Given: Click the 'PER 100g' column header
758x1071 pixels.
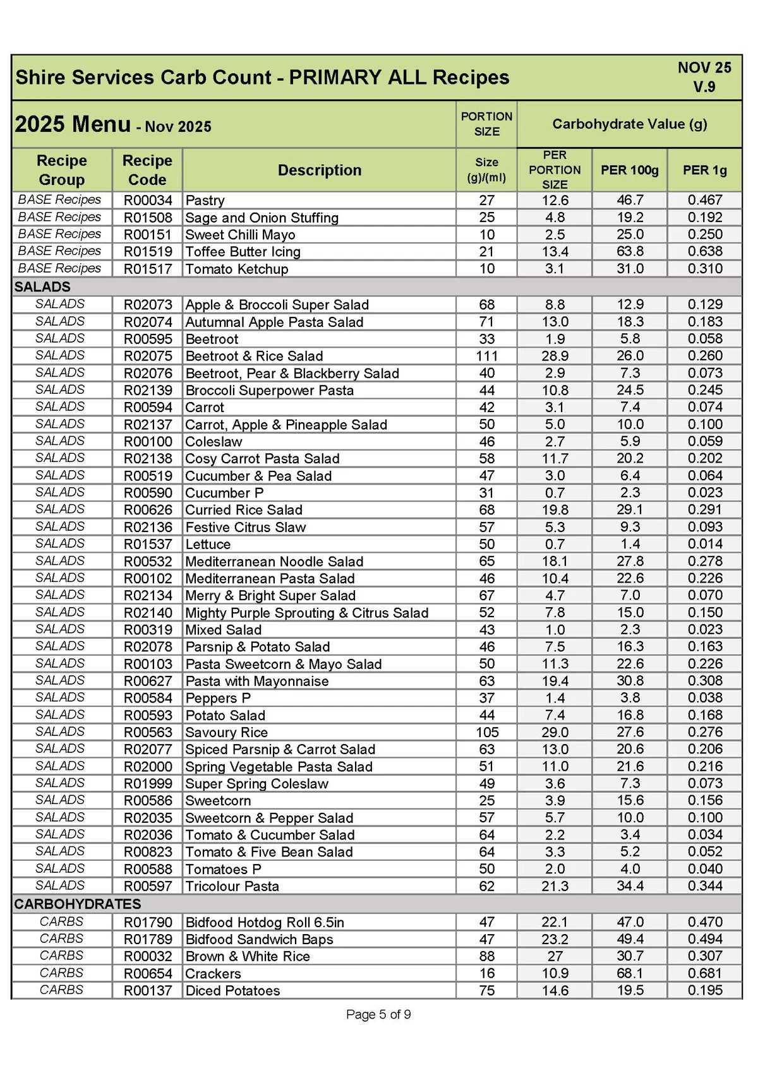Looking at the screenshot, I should click(629, 170).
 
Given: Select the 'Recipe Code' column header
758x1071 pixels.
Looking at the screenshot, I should click(147, 170).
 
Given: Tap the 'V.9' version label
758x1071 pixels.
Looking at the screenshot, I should click(704, 86).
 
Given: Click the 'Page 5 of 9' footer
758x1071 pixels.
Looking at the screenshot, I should click(378, 1014).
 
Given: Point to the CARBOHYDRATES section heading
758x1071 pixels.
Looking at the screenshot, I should click(78, 904).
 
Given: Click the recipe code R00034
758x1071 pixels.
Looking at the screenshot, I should click(147, 201).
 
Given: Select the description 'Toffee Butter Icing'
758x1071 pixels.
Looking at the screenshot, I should click(243, 252).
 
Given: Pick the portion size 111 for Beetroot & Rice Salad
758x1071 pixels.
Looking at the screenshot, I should click(486, 356).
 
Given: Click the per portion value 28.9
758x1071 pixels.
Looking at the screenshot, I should click(555, 356).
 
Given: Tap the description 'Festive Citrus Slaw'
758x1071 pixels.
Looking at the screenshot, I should click(245, 527).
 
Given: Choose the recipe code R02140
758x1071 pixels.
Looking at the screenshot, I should click(147, 613).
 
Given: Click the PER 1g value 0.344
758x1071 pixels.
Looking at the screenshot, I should click(705, 886).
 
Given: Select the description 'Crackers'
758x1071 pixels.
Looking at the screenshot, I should click(213, 973).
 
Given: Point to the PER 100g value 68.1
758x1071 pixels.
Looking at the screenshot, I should click(630, 973).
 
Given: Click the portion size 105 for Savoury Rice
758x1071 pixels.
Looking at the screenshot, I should click(486, 732).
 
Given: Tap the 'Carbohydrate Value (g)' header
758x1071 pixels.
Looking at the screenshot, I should click(629, 124).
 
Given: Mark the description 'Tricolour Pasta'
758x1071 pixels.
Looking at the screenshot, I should click(232, 886).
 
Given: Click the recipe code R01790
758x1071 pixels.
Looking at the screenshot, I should click(147, 922).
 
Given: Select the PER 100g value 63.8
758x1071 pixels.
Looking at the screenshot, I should click(630, 252).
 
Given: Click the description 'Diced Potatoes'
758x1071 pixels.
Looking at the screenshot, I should click(232, 990).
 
